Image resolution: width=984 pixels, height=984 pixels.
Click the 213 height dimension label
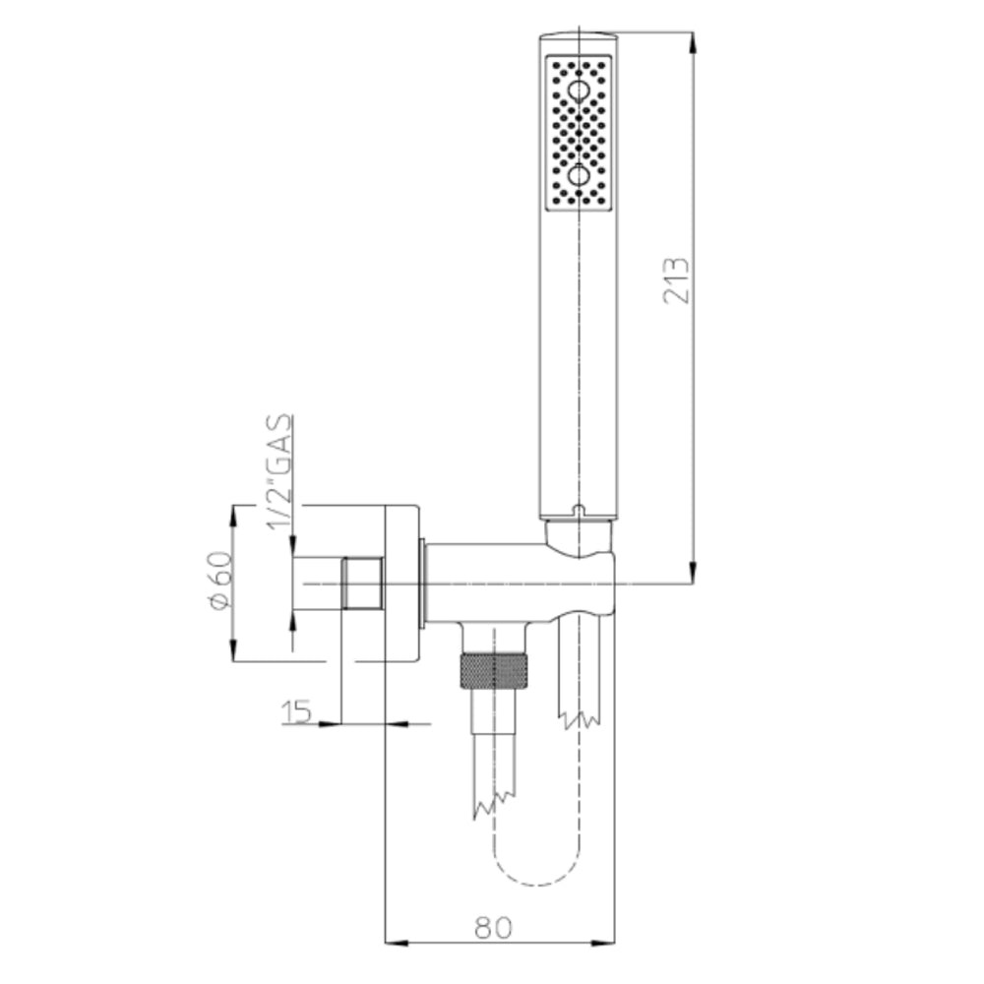coord(676,280)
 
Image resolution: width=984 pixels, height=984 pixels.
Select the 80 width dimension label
coord(493,928)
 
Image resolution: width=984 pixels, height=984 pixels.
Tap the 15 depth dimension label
coord(296,711)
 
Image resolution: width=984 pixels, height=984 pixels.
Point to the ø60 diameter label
coord(220,581)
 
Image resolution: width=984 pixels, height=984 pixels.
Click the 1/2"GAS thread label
coord(279,472)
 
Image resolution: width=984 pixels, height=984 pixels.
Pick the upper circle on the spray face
coord(578,92)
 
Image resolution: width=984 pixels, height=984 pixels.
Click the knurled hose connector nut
coord(494,670)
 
